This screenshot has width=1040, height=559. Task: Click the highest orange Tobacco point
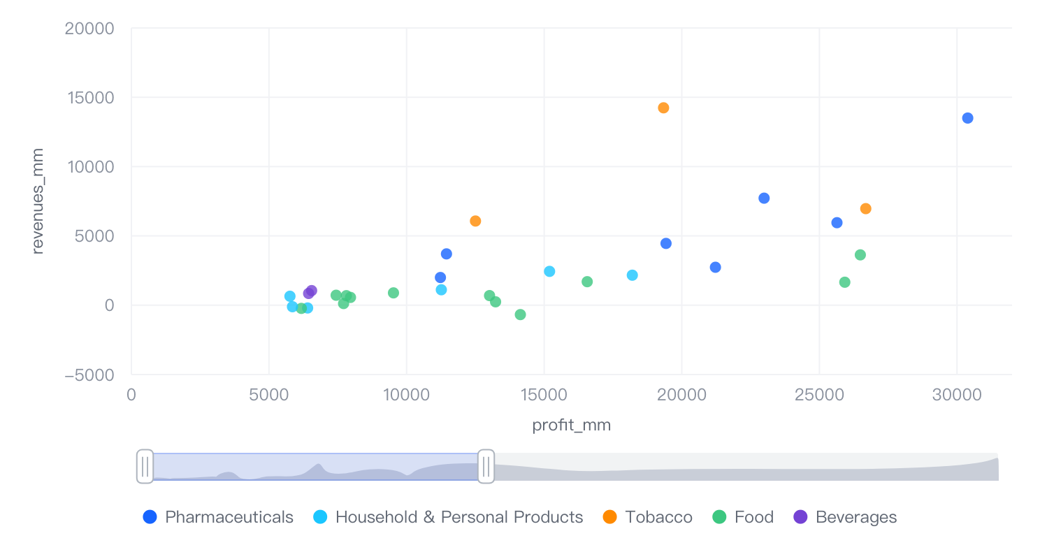click(663, 108)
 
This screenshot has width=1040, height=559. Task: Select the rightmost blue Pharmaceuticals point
click(967, 118)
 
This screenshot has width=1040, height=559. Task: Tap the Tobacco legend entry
click(647, 517)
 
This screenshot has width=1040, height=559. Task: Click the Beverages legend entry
click(845, 517)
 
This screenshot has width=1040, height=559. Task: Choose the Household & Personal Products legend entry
click(448, 517)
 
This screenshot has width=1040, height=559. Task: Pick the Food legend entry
click(743, 517)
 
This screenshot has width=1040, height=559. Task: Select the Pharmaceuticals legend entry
click(218, 517)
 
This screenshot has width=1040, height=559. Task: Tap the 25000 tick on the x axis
click(819, 395)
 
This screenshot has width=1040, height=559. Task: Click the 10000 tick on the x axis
click(406, 395)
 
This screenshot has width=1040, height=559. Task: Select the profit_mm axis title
click(571, 425)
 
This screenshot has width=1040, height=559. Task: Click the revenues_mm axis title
click(38, 201)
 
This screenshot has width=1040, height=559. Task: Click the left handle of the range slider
click(145, 466)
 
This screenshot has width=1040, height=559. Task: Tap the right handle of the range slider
click(486, 466)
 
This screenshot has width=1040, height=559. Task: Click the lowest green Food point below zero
click(520, 314)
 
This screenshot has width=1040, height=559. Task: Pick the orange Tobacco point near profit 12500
click(475, 221)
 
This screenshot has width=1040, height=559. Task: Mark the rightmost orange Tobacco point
click(865, 208)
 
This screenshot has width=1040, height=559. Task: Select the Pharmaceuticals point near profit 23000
click(764, 198)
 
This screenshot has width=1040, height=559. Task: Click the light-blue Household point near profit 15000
click(549, 271)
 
